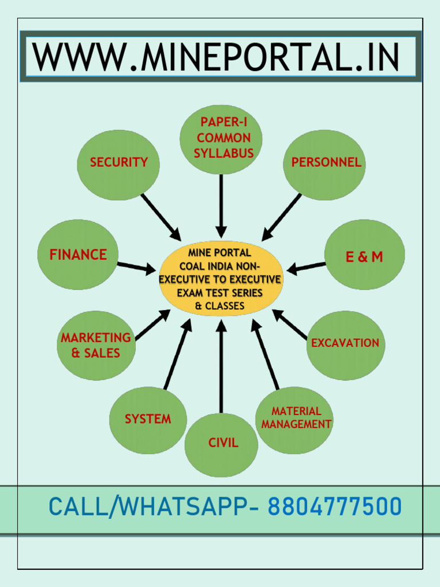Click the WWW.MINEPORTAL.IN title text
point(215,57)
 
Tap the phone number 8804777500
point(335,507)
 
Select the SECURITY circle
point(119,165)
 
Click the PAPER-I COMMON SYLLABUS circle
point(221,139)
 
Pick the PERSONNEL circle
point(324,165)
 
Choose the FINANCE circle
point(78,255)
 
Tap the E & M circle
point(364,255)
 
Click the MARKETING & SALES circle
point(96,345)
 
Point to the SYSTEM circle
point(148,420)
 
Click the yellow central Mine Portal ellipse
point(221,279)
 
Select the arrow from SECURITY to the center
point(161,217)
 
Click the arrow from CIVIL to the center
point(221,367)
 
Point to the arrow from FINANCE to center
point(136,267)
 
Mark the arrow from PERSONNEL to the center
point(281,217)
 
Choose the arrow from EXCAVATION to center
point(290,324)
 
